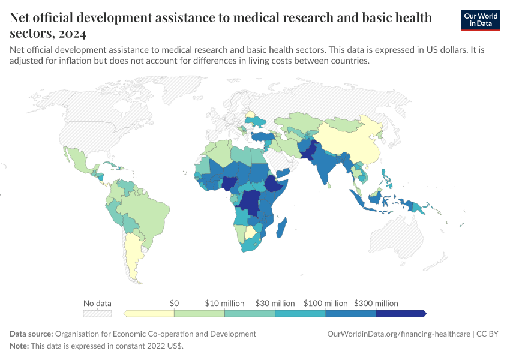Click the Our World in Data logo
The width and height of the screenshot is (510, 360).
[481, 20]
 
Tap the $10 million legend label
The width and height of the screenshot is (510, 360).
[224, 304]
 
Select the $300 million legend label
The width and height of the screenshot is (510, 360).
[376, 304]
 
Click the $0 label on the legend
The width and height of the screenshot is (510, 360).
[174, 304]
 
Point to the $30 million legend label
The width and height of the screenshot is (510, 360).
[275, 304]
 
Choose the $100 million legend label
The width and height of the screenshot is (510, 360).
[326, 304]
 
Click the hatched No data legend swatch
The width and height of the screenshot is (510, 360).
[97, 313]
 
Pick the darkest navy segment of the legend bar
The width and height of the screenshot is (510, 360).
[401, 313]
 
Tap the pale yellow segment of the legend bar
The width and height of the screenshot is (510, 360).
[149, 313]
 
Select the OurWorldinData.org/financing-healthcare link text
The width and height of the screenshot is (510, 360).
[398, 334]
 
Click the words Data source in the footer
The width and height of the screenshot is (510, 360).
[31, 334]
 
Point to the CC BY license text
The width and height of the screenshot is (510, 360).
[487, 334]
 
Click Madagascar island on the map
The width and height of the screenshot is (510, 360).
[281, 227]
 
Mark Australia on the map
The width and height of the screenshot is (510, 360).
[397, 237]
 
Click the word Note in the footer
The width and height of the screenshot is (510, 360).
[18, 346]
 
